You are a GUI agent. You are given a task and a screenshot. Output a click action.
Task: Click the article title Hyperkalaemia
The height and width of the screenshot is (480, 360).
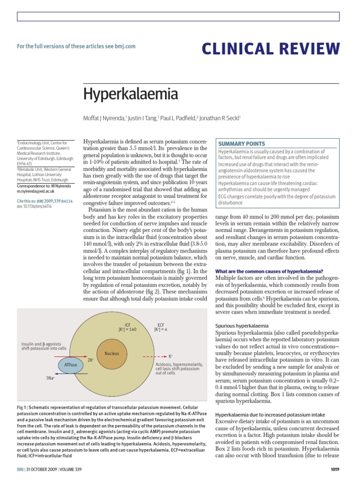[130, 94]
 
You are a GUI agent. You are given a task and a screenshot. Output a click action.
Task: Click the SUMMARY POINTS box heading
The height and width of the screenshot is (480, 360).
[241, 144]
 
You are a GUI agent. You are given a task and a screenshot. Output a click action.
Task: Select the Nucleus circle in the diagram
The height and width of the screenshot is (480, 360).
[112, 353]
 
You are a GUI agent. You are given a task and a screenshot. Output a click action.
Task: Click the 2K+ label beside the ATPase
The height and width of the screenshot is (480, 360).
[90, 360]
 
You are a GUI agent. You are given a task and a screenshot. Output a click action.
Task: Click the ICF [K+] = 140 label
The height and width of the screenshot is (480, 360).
[127, 327]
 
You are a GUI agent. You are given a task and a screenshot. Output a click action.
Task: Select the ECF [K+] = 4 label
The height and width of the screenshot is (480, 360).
[160, 327]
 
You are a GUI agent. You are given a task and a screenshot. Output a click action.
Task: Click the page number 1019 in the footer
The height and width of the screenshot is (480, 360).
[334, 469]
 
